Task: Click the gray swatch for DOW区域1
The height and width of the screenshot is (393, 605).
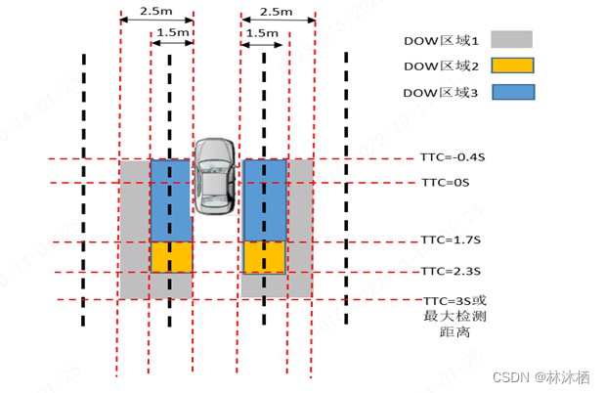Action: (510, 40)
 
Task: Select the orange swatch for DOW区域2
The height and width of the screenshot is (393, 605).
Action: (510, 66)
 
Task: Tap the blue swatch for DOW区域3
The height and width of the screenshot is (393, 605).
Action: (510, 93)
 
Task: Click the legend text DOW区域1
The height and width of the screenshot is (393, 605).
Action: (442, 40)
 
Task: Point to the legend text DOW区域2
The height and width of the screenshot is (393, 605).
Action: (442, 66)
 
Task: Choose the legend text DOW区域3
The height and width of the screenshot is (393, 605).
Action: (442, 93)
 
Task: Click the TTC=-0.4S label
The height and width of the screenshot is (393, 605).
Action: (452, 159)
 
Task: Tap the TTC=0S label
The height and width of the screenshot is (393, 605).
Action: (445, 183)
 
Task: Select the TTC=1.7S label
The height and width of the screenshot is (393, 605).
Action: (450, 240)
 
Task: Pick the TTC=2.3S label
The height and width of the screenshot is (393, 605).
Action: (450, 271)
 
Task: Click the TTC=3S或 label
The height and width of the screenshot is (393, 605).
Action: (454, 299)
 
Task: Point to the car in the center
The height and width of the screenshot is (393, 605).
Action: (214, 176)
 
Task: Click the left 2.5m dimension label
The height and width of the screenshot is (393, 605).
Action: (156, 11)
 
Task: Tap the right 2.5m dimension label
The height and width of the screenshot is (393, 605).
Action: (277, 11)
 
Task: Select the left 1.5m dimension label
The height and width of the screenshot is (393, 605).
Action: (171, 32)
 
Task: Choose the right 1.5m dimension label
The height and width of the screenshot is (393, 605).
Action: (262, 32)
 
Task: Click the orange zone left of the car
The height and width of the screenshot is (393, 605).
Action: (171, 256)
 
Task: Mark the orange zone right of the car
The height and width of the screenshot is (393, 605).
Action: (264, 257)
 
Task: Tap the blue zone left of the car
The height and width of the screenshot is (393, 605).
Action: (170, 200)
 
